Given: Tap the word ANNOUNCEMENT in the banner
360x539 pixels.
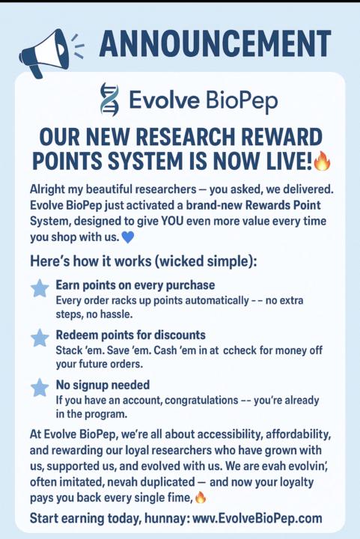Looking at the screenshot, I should tap(215, 44).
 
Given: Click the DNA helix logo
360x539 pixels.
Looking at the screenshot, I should tap(109, 100).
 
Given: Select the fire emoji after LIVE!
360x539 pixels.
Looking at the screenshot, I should tap(322, 160).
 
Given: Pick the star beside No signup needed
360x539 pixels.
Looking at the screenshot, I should tap(39, 388).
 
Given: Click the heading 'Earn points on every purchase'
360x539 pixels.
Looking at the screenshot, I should tap(135, 285).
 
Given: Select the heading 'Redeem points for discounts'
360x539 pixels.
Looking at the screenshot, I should tap(131, 335).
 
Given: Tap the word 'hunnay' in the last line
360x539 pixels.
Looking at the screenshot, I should tap(164, 518).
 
